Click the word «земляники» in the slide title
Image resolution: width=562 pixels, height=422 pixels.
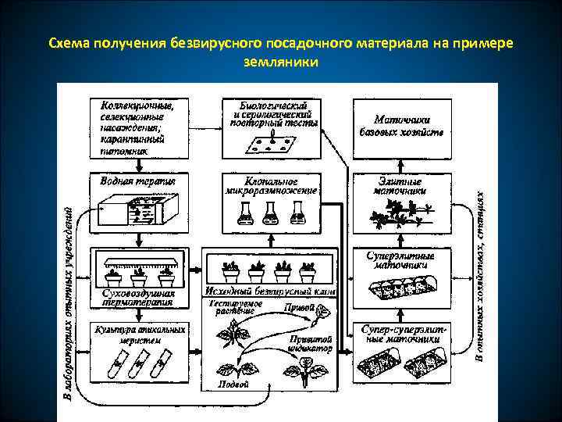click(x=280, y=60)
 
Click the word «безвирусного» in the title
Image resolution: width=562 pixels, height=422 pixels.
click(x=215, y=42)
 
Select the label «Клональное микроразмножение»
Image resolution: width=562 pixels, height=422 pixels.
click(x=270, y=185)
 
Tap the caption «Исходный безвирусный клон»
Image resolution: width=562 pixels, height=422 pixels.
click(x=270, y=291)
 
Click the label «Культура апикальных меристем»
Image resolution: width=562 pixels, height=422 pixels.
click(x=138, y=334)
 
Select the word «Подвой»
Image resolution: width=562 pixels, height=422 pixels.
click(x=233, y=384)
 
